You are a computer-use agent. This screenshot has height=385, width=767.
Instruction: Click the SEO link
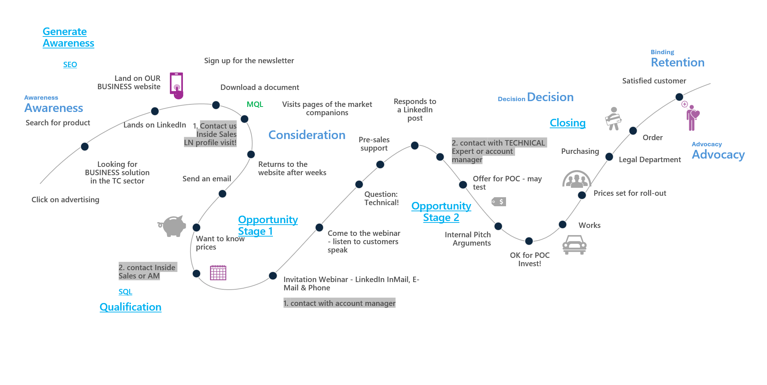(x=70, y=65)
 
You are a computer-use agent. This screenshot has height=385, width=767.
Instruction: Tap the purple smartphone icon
(x=176, y=85)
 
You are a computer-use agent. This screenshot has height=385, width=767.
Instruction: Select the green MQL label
(x=255, y=104)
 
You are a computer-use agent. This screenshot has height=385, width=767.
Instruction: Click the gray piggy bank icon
(x=173, y=226)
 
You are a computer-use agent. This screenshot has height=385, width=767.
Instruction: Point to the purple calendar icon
(x=218, y=273)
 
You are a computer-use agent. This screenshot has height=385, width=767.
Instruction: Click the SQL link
(x=125, y=292)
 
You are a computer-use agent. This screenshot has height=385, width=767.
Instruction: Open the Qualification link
(x=130, y=307)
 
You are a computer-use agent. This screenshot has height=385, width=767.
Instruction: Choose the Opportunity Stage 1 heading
(x=267, y=225)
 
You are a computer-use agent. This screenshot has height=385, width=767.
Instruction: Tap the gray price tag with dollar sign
(x=499, y=202)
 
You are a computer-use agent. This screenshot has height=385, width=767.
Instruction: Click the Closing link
(x=567, y=123)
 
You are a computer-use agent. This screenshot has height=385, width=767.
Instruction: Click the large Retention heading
(x=677, y=62)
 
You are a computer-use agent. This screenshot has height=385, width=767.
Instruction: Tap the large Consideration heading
(x=307, y=135)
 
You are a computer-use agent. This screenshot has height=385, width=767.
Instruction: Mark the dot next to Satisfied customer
(x=679, y=97)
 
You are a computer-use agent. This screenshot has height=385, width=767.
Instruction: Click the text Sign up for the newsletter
(x=249, y=61)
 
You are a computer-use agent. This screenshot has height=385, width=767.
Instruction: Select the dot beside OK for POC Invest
(x=529, y=241)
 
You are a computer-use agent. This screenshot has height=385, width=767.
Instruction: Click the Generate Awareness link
(x=68, y=37)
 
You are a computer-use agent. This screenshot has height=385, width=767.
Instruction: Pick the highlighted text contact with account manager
(x=339, y=303)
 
